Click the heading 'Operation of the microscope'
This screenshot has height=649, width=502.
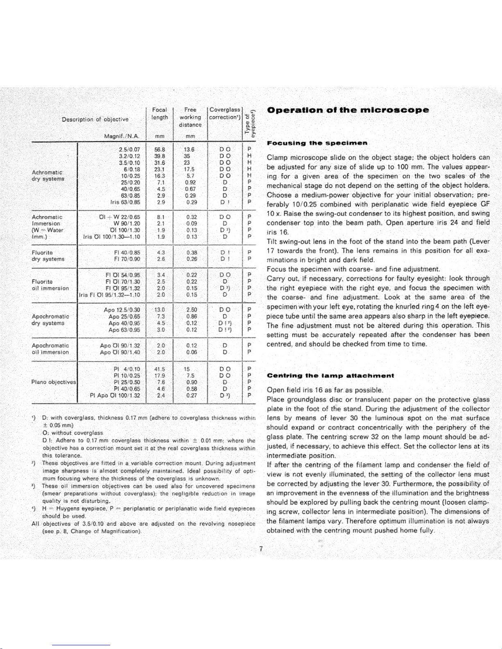click(x=348, y=110)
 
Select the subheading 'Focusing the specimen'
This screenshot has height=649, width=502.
click(x=317, y=143)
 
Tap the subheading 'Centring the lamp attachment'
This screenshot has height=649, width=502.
click(x=330, y=375)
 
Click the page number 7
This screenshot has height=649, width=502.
click(x=261, y=549)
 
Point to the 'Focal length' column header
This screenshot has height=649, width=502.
click(x=160, y=113)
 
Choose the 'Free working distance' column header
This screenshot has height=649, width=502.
click(x=190, y=117)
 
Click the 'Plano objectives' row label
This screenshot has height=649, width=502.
click(x=54, y=382)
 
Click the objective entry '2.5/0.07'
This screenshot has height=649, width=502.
click(x=129, y=149)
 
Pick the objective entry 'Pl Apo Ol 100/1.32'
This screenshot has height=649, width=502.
click(x=115, y=395)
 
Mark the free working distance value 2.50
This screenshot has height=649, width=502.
click(x=191, y=310)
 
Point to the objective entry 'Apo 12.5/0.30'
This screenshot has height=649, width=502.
click(x=122, y=310)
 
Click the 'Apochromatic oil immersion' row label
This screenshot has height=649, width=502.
click(x=50, y=349)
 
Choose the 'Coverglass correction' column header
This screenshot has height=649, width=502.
click(x=225, y=113)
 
